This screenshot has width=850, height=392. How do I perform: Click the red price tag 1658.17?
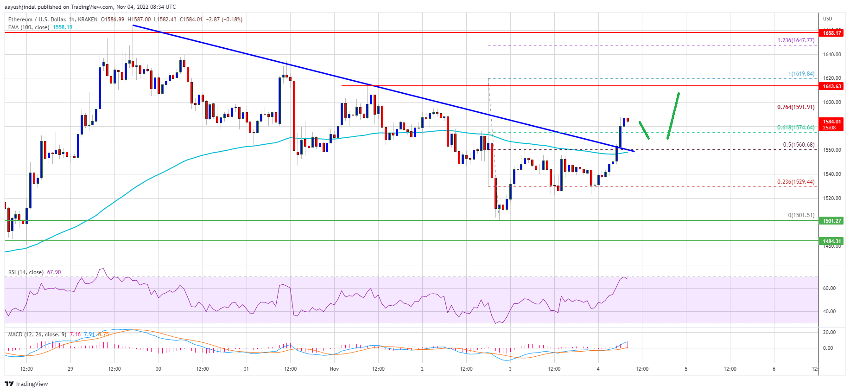tap(831, 32)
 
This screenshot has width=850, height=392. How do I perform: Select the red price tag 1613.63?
tap(831, 86)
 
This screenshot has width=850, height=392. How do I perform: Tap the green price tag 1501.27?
tap(831, 221)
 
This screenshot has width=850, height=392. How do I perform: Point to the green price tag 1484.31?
tap(831, 241)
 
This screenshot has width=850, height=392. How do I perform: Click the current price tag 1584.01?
tap(831, 124)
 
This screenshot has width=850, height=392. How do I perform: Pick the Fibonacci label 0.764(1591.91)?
tap(795, 107)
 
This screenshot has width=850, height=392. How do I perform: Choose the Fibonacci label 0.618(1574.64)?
tap(795, 128)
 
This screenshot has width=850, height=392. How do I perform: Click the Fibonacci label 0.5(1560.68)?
tap(798, 145)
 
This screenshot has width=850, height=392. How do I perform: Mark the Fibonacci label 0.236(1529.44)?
tap(795, 182)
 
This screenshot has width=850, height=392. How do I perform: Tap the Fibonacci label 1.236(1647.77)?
tap(795, 40)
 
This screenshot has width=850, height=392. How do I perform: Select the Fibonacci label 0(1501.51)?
tap(801, 215)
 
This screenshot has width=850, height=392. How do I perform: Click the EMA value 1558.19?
tap(63, 27)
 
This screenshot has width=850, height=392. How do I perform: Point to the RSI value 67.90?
tap(54, 272)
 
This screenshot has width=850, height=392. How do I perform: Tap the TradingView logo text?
tap(31, 384)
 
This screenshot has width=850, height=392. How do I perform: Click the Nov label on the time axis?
tap(334, 369)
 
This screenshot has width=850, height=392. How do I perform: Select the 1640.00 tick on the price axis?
tap(832, 54)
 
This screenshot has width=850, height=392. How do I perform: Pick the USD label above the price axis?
tap(827, 19)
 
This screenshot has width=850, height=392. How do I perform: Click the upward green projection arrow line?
tap(673, 116)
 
